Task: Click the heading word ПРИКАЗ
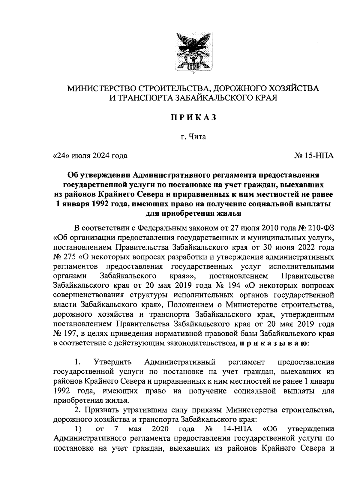(193, 118)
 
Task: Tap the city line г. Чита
(193, 137)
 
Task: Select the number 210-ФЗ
(320, 228)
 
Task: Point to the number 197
(70, 333)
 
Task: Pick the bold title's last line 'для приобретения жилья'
(193, 214)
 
